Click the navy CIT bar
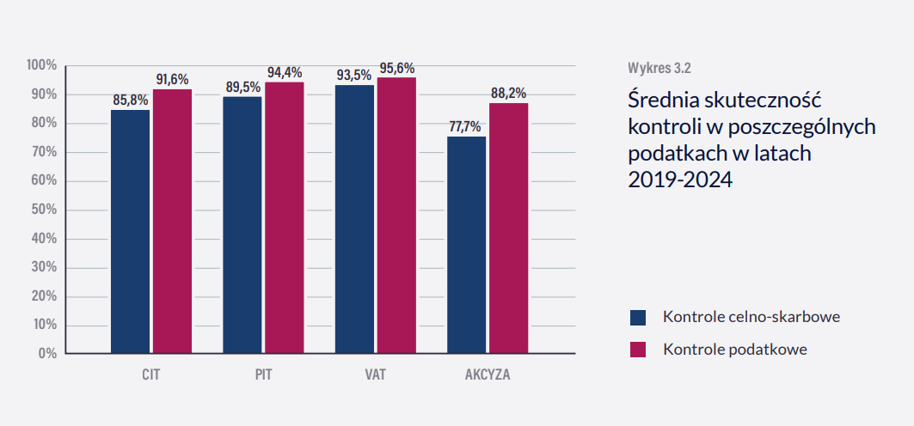(130, 231)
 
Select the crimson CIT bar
(172, 221)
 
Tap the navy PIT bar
(242, 224)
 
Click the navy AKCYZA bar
(466, 245)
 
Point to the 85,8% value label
(131, 100)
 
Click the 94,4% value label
(285, 72)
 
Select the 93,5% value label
(354, 75)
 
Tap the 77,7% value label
(465, 126)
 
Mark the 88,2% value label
(508, 93)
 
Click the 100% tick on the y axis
(41, 65)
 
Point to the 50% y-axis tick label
(44, 210)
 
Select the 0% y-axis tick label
(47, 353)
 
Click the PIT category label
(263, 375)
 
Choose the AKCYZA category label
(488, 375)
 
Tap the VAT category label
(375, 375)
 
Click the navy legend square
(638, 318)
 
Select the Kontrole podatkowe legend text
(735, 350)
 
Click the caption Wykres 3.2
(659, 67)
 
